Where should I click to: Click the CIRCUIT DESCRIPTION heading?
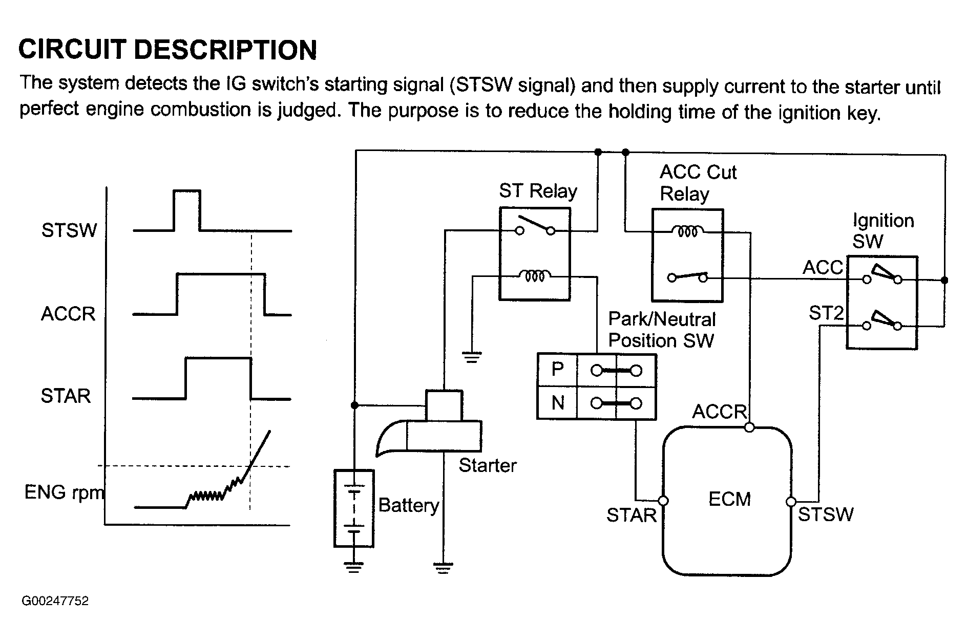(167, 50)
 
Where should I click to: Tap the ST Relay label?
(538, 191)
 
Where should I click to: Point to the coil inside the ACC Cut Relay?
(687, 231)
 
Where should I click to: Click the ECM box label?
(729, 499)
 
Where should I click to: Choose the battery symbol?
(354, 508)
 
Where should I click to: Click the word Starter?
(487, 465)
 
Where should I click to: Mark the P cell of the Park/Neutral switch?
(557, 370)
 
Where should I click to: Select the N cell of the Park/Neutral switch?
(557, 403)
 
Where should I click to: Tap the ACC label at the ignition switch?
(823, 267)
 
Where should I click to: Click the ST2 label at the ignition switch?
(826, 312)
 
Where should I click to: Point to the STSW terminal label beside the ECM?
(826, 514)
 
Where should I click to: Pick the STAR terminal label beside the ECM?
(631, 515)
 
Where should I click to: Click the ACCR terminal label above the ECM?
(720, 412)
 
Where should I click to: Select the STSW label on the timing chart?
(69, 230)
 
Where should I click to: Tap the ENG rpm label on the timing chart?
(64, 492)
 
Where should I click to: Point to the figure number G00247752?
(55, 600)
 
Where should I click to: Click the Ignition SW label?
(882, 230)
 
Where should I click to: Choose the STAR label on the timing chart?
(66, 396)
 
